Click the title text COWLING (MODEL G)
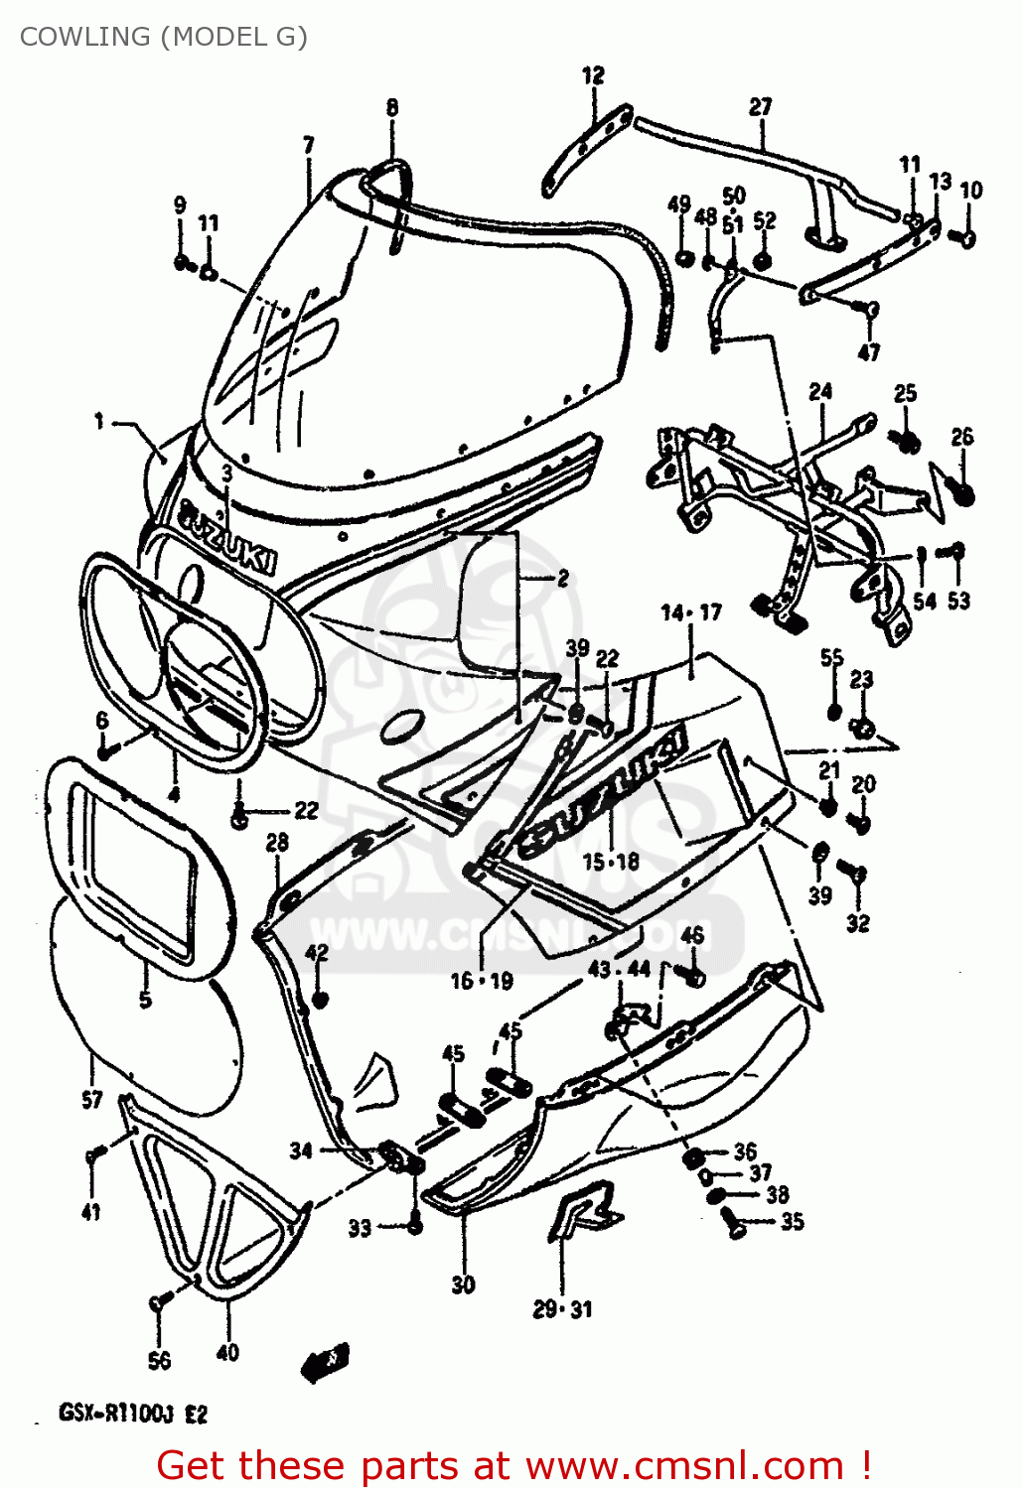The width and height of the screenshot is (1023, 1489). coord(164,37)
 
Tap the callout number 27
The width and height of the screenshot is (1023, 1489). coord(760,106)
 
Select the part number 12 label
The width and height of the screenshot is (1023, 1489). coord(593,75)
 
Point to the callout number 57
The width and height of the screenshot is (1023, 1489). coord(91,1099)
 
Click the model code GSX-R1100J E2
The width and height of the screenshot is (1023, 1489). coord(133,1413)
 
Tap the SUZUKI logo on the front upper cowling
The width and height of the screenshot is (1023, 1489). coord(227,537)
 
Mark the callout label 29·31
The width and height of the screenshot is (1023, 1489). coord(562,1309)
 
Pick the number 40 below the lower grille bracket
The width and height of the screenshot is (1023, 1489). coord(227,1352)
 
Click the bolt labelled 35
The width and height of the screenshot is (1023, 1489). coord(737,1227)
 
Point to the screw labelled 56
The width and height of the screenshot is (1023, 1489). coord(157,1303)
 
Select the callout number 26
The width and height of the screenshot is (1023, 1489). coord(961,437)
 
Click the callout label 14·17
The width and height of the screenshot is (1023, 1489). coord(691,612)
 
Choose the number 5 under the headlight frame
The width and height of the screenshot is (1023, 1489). coord(145,999)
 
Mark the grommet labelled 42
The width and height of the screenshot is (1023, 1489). coord(319,998)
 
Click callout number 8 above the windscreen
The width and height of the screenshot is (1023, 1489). coord(392,107)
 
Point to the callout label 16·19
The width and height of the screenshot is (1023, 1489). coord(482,982)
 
